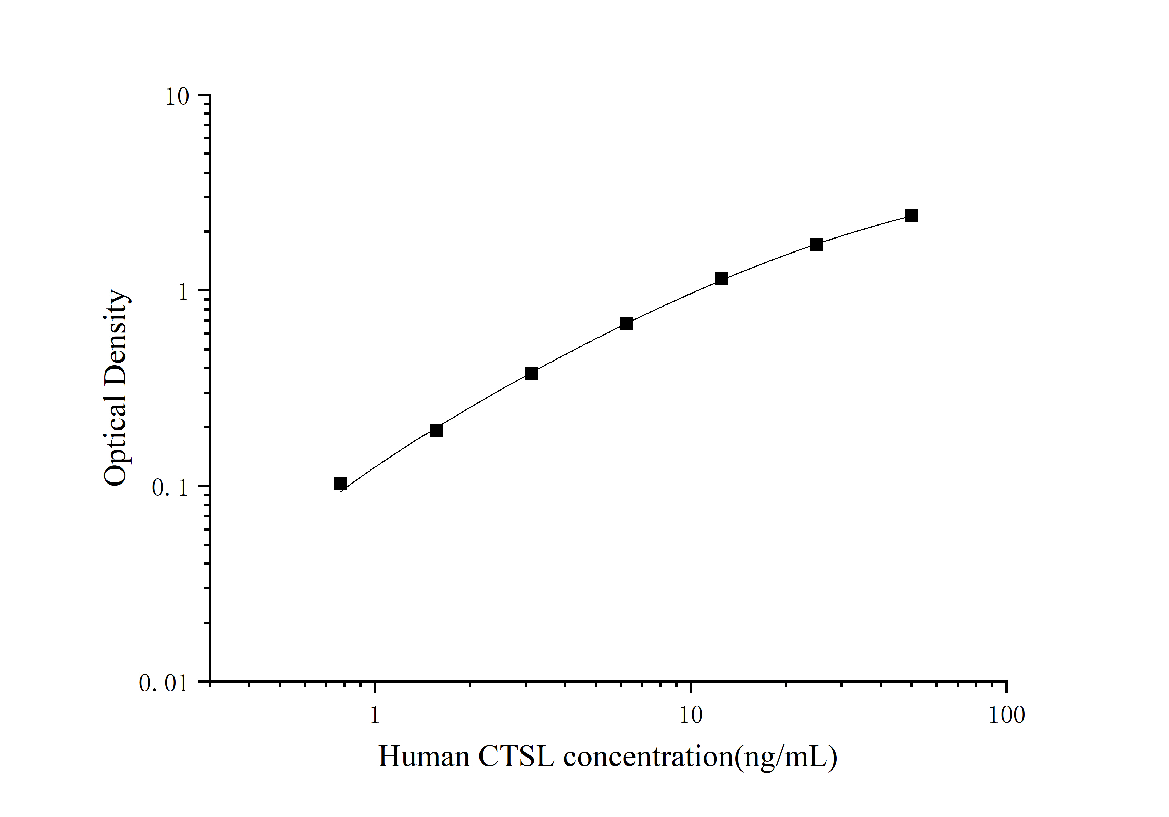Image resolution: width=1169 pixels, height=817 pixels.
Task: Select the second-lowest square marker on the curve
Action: [x=436, y=431]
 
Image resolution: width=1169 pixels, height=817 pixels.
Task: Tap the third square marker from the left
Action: [x=531, y=373]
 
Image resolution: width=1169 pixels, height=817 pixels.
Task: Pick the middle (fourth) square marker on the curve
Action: [x=626, y=324]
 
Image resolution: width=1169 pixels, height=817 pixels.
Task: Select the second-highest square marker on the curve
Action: [x=816, y=245]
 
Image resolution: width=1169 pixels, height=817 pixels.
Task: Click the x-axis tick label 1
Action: [x=375, y=715]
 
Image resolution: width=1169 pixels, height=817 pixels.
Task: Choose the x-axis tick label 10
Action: [x=691, y=715]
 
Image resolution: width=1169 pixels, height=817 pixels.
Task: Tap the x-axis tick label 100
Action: [x=1006, y=715]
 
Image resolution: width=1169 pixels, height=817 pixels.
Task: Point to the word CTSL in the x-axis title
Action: [x=516, y=757]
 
